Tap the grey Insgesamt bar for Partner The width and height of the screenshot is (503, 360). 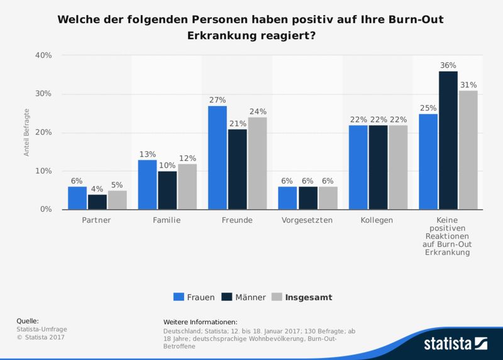(x=117, y=200)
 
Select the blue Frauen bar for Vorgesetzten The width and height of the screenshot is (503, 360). (x=288, y=198)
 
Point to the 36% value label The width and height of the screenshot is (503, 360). (x=448, y=65)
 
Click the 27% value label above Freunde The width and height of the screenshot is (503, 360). (x=218, y=100)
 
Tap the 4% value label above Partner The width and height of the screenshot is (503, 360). (x=97, y=188)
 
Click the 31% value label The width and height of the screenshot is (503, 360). (x=468, y=85)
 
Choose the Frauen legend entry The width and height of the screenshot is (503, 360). (x=194, y=297)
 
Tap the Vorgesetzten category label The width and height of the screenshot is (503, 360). (x=308, y=221)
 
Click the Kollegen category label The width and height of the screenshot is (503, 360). (x=378, y=221)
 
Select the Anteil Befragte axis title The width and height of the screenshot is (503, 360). (x=27, y=133)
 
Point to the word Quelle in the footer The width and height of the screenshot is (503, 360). (x=27, y=320)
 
